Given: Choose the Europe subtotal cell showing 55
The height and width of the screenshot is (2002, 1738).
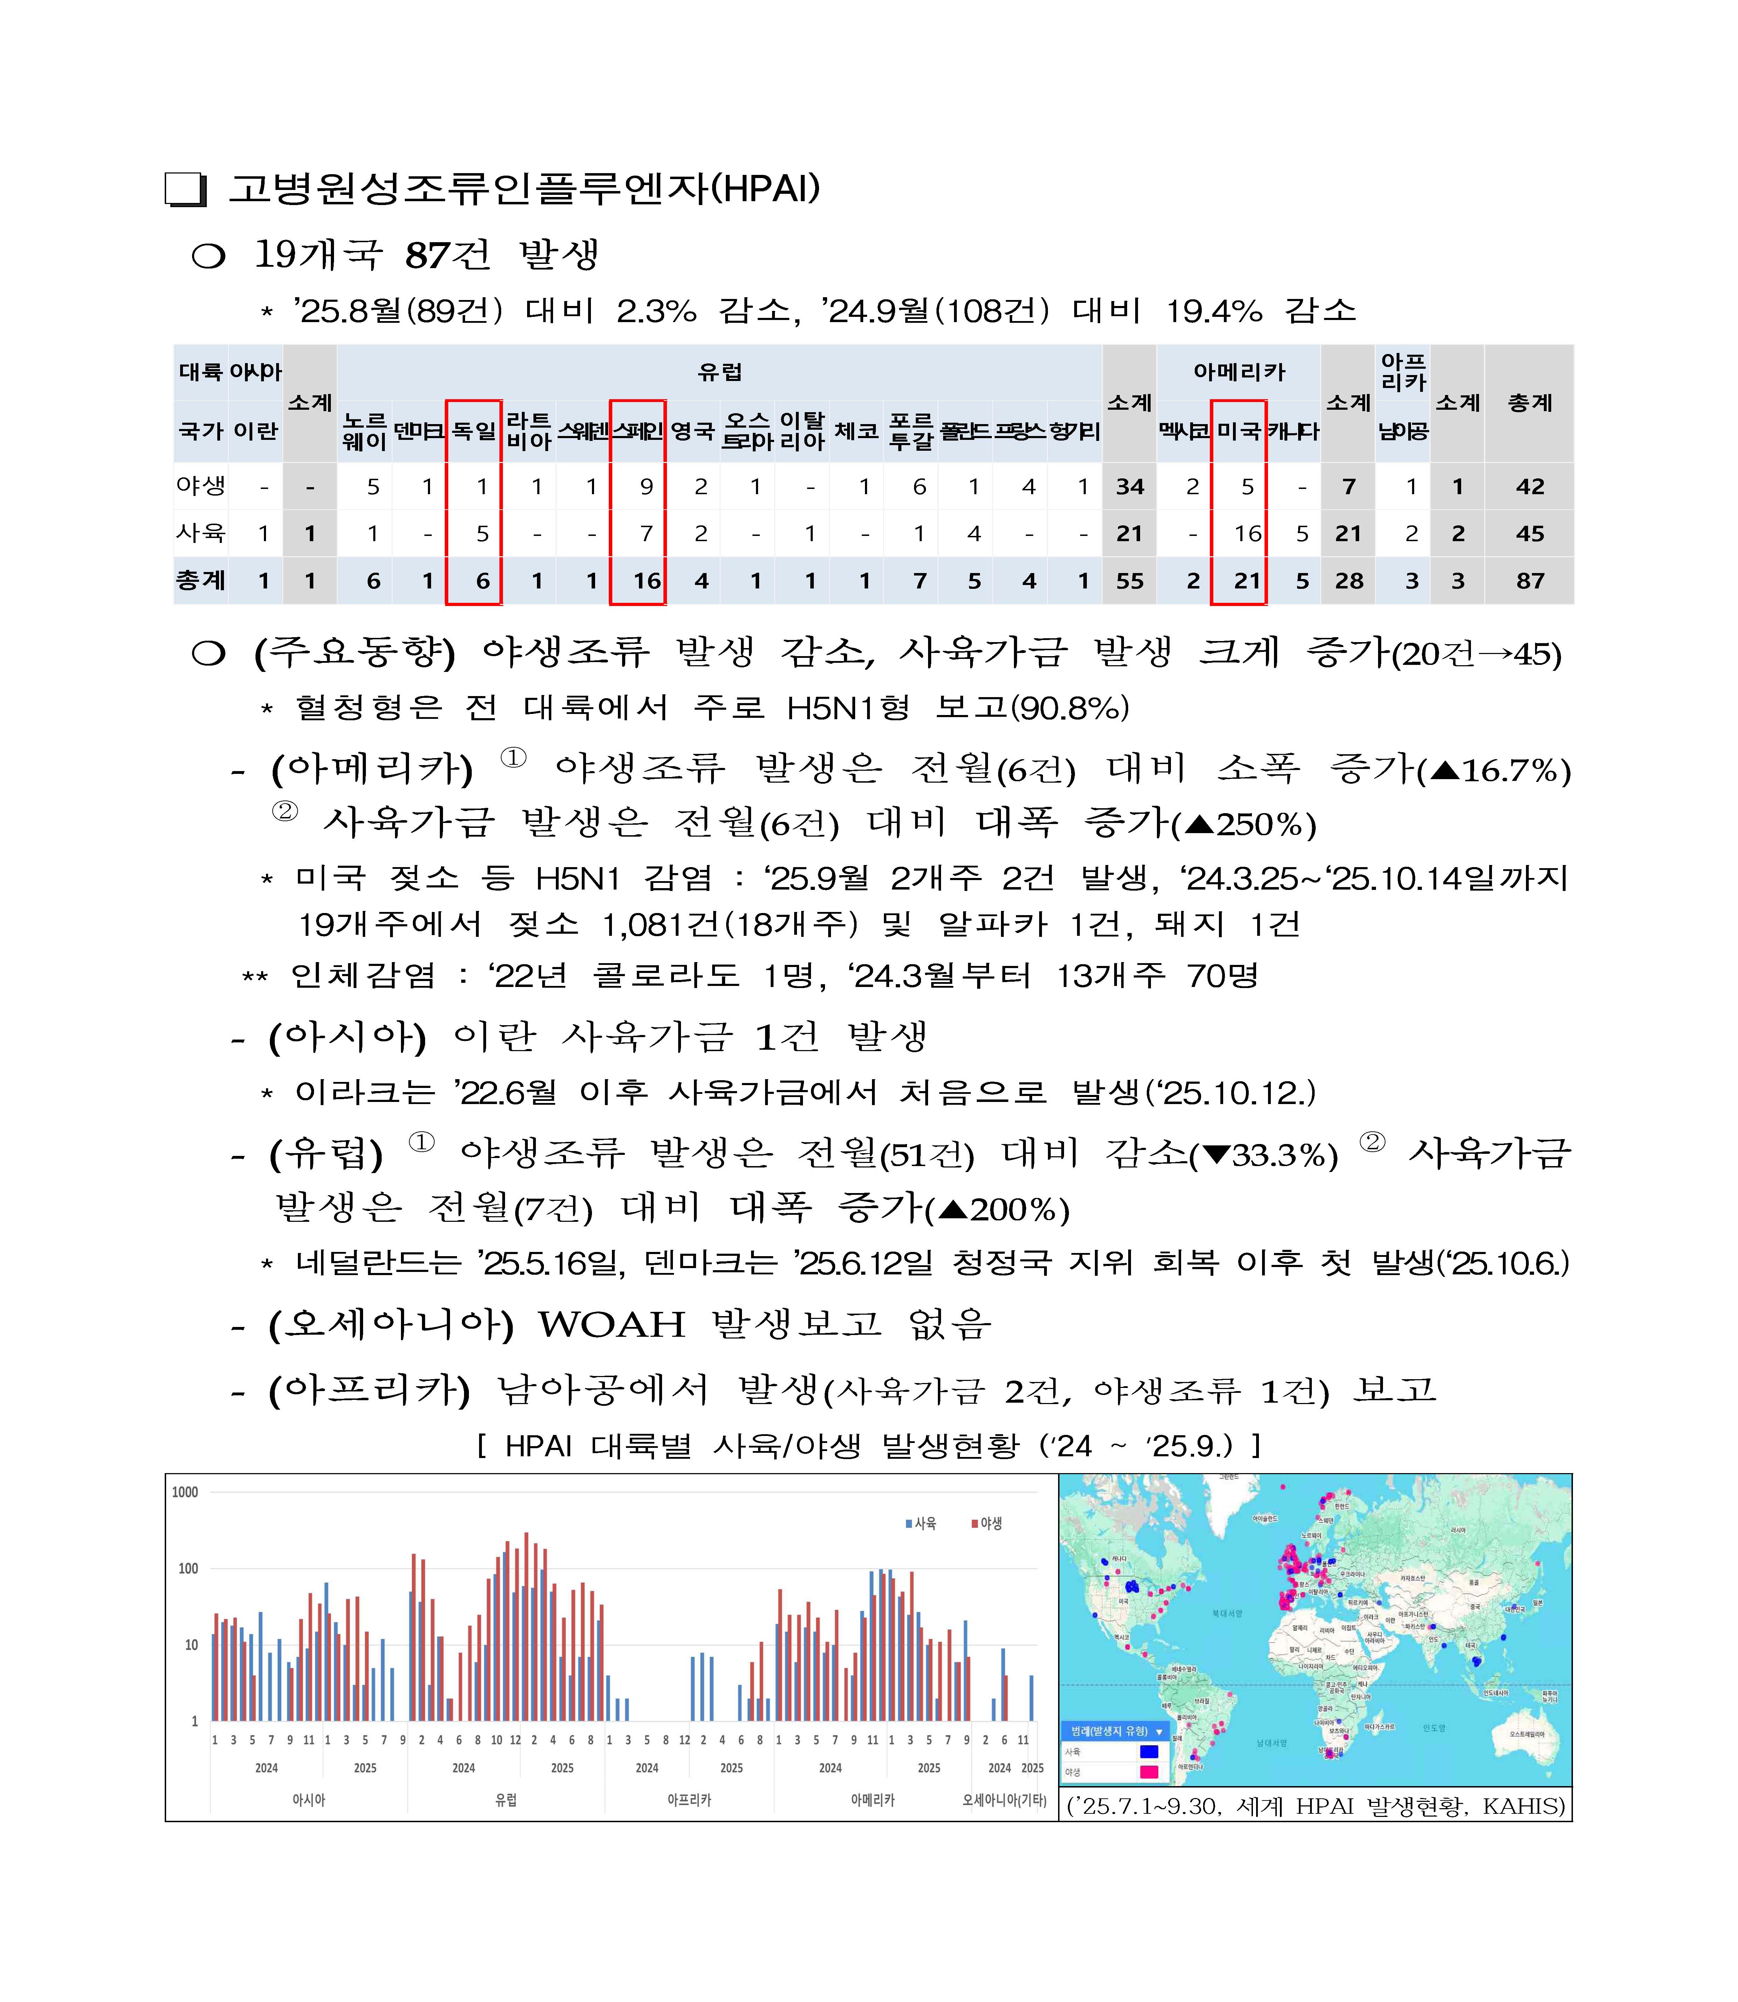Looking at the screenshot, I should coord(1129,581).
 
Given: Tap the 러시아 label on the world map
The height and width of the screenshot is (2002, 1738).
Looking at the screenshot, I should coord(1458,1530).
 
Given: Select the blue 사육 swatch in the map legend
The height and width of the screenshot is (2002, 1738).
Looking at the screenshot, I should coord(1149,1752).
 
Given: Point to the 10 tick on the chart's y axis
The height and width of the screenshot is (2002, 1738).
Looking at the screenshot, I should coord(191,1645).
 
